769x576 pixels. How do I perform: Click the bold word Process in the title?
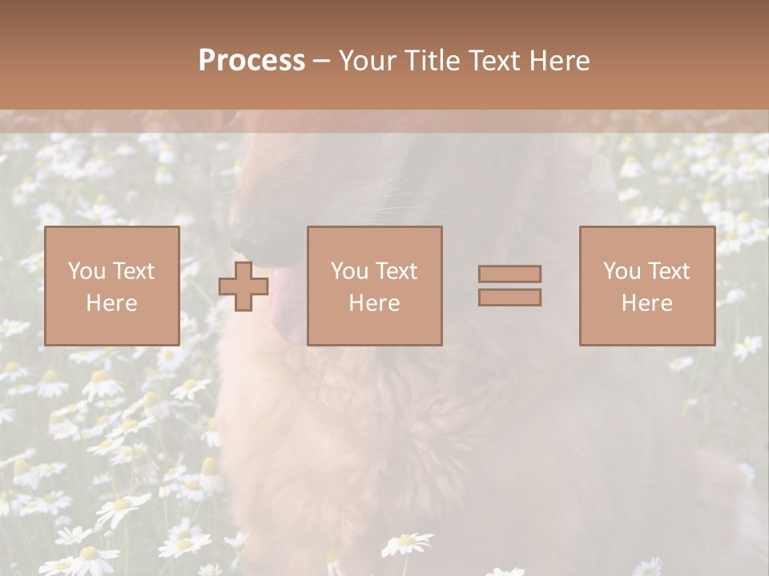coord(252,61)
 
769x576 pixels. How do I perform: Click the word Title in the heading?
coord(431,61)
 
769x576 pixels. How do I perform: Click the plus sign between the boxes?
coord(244,286)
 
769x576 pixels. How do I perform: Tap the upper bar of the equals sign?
coord(509,274)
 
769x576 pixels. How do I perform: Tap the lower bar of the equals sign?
coord(509,298)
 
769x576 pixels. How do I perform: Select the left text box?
coord(111,286)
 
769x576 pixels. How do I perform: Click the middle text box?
coord(374,286)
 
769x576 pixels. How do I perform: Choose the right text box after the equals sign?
coord(646,286)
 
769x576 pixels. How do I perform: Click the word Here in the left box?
coord(111,303)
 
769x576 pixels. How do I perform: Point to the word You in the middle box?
coord(348,271)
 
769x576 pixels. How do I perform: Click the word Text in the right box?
coord(669,271)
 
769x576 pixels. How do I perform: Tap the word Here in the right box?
coord(646,303)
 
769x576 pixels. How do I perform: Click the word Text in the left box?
coord(134,271)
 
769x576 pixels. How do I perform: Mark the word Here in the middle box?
coord(374,303)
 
